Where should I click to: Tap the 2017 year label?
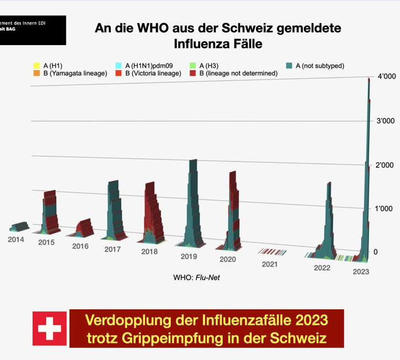click(x=113, y=249)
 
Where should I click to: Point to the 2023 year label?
click(x=361, y=272)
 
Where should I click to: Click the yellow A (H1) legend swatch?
click(x=36, y=66)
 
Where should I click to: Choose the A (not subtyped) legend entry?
click(x=319, y=66)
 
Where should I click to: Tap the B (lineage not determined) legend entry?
click(x=243, y=73)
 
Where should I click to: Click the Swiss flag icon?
click(x=50, y=329)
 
